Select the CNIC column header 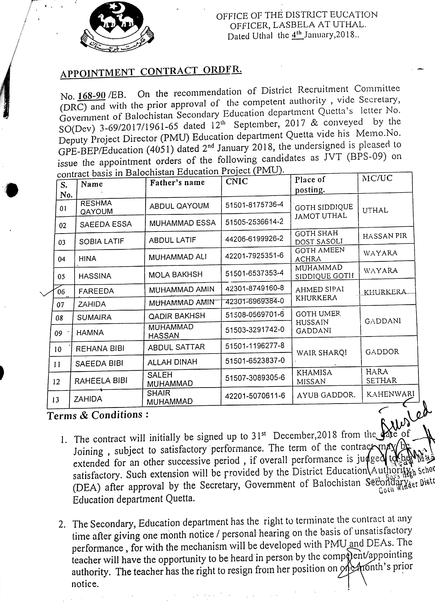click(237, 182)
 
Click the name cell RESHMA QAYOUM click(96, 207)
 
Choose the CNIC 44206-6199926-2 click(254, 239)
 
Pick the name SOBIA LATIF click(102, 241)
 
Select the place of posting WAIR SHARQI click(321, 353)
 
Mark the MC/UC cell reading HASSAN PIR click(385, 236)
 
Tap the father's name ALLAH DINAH click(172, 362)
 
